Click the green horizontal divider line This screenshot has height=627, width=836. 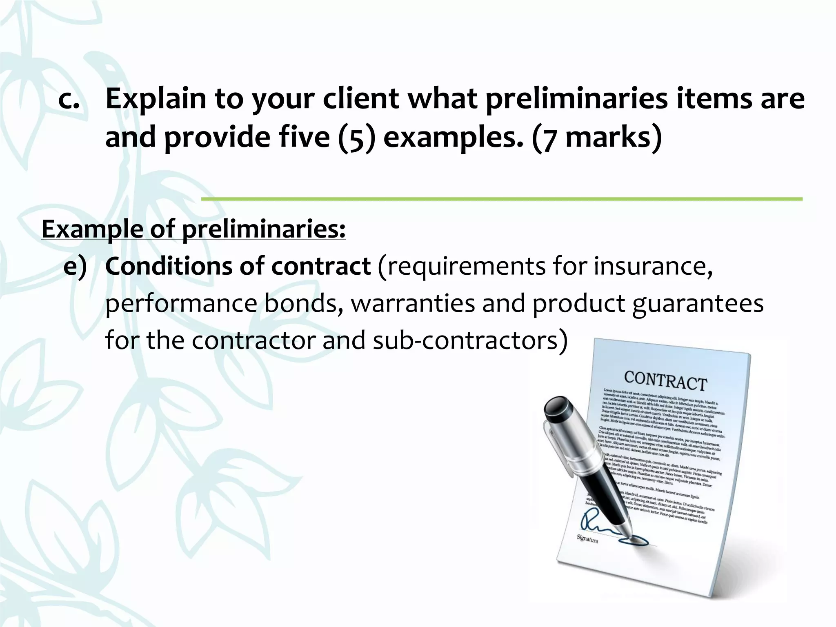click(502, 199)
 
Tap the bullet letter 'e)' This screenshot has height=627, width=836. click(75, 267)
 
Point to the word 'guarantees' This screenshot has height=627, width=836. click(698, 303)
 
